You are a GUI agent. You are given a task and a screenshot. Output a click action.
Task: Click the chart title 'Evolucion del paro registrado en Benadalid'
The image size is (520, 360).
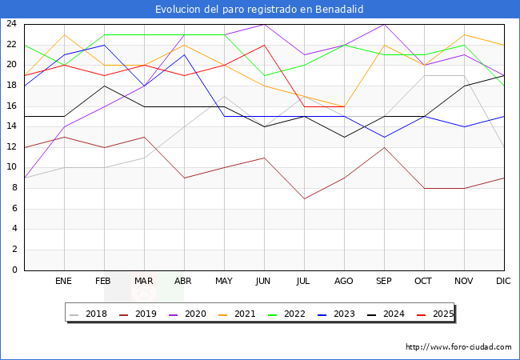pyautogui.click(x=260, y=9)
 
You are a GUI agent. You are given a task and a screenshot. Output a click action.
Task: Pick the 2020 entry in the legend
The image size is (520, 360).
pyautogui.click(x=195, y=314)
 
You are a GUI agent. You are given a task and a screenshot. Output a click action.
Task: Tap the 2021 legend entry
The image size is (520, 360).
pyautogui.click(x=245, y=314)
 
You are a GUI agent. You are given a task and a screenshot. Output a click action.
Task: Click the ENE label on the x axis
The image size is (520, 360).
pyautogui.click(x=64, y=282)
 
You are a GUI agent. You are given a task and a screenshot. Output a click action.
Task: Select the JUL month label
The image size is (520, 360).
pyautogui.click(x=304, y=282)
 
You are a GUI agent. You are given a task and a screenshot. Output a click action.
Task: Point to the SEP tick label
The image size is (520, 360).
pyautogui.click(x=384, y=282)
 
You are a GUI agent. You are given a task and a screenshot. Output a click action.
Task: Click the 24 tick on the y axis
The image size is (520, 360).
pyautogui.click(x=12, y=24)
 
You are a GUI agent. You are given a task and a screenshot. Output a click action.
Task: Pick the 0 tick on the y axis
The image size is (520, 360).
pyautogui.click(x=14, y=270)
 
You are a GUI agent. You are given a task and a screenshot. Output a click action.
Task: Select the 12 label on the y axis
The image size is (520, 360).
pyautogui.click(x=12, y=147)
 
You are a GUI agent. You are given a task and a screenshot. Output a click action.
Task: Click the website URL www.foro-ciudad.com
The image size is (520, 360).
pyautogui.click(x=459, y=347)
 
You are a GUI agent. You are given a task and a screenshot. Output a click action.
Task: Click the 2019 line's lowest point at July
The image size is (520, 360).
pyautogui.click(x=304, y=198)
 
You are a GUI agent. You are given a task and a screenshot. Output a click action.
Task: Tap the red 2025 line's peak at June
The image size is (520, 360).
pyautogui.click(x=264, y=45)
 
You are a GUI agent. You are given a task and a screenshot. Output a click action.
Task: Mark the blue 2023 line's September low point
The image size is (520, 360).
pyautogui.click(x=384, y=137)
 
